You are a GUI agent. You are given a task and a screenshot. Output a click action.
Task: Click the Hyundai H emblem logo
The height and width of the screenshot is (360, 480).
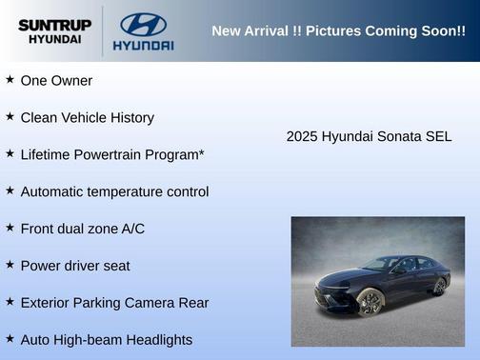coord(143,24)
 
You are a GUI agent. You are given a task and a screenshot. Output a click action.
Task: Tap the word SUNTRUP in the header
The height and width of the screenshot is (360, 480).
coord(54,24)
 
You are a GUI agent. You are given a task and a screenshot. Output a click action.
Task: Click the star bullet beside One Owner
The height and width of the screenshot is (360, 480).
coord(10,80)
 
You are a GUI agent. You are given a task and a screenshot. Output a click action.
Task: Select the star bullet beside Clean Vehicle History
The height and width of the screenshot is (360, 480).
coord(10,116)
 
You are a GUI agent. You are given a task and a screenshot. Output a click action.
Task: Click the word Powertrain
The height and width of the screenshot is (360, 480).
coord(111,154)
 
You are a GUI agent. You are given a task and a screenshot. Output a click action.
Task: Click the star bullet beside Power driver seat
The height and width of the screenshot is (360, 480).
coord(10,265)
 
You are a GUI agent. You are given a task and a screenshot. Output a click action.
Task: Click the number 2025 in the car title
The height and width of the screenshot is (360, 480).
coord(302,136)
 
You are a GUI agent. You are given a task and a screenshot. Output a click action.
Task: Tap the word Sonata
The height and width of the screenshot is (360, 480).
coord(401,136)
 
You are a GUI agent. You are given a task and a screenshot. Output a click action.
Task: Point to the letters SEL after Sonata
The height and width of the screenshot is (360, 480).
coord(438,136)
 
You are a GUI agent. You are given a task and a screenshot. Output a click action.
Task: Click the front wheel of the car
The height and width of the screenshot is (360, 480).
coord(370,303)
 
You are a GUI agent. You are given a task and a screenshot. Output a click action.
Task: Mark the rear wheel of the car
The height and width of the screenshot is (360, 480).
coord(439,285)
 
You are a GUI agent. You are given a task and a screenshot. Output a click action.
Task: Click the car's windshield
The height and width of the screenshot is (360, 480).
coord(382,265)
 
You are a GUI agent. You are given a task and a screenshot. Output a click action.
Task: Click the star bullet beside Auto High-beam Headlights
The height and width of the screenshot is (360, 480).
coord(10,339)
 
